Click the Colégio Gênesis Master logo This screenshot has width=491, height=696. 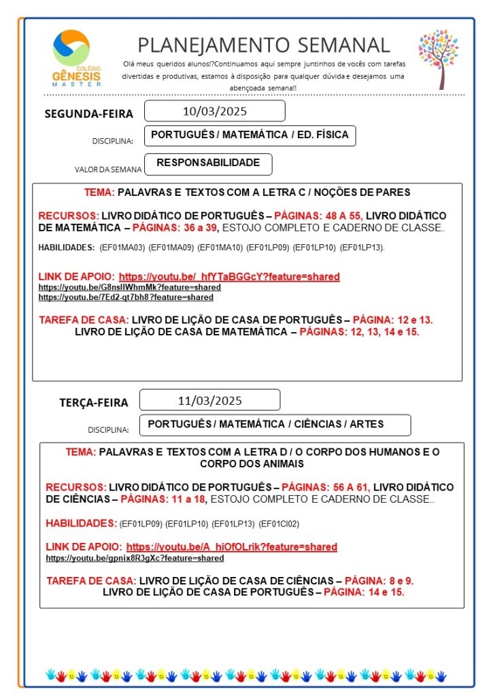click(76, 59)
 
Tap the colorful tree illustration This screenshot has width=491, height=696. click(439, 59)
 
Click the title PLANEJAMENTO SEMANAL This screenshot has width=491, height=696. click(264, 45)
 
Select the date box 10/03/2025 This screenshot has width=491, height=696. click(214, 111)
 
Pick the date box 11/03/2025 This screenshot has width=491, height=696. click(209, 400)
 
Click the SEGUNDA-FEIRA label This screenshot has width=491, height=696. click(88, 114)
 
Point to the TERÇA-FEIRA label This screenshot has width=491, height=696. click(93, 402)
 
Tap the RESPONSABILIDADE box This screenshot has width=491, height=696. click(208, 163)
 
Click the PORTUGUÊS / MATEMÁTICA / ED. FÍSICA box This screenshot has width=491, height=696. click(250, 135)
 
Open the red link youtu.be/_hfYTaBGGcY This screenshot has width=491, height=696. click(229, 277)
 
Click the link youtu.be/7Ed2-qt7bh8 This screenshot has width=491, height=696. click(126, 297)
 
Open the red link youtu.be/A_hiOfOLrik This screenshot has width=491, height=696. click(231, 547)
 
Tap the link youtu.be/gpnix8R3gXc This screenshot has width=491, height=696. click(135, 558)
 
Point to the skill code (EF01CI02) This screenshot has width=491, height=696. click(279, 524)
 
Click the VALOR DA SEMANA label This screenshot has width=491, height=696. click(108, 169)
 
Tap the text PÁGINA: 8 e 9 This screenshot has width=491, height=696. click(379, 580)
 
